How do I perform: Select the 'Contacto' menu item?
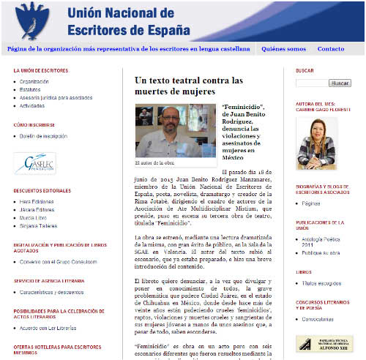click(x=330, y=49)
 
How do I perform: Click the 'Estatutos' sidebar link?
click(x=31, y=89)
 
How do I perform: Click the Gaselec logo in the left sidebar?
click(x=34, y=163)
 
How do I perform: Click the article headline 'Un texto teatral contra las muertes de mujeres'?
click(x=188, y=86)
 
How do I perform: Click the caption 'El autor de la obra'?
click(x=156, y=162)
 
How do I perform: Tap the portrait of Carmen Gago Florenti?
click(x=316, y=142)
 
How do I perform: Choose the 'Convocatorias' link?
click(x=319, y=319)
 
